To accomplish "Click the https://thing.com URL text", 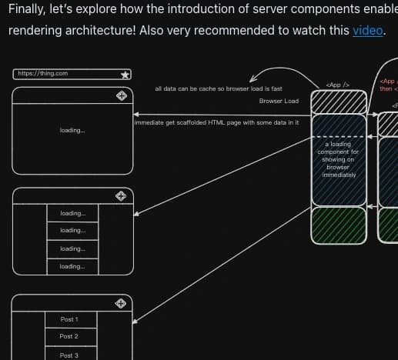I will pyautogui.click(x=42, y=73).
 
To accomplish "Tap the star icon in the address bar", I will pyautogui.click(x=125, y=75).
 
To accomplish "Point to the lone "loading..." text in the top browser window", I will pyautogui.click(x=72, y=130).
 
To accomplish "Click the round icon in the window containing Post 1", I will pyautogui.click(x=121, y=303).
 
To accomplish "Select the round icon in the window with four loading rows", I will pyautogui.click(x=121, y=195).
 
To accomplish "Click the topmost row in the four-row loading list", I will pyautogui.click(x=72, y=213).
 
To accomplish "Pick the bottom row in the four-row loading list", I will pyautogui.click(x=72, y=266).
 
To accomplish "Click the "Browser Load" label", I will pyautogui.click(x=279, y=101).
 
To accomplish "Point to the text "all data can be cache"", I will pyautogui.click(x=219, y=88).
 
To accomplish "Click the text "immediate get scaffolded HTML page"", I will pyautogui.click(x=216, y=122).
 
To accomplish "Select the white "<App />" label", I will pyautogui.click(x=338, y=84).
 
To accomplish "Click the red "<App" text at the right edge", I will pyautogui.click(x=389, y=80).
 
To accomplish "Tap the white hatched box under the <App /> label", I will pyautogui.click(x=338, y=102).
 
